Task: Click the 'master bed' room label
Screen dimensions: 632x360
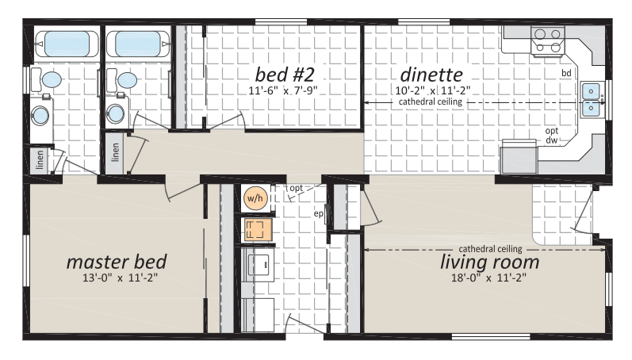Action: pos(117,262)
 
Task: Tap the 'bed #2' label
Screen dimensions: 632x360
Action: pos(285,75)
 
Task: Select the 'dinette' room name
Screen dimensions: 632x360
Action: pos(431,75)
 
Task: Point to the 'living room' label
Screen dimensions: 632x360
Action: pos(490,262)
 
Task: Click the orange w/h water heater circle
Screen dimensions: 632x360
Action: pos(255,198)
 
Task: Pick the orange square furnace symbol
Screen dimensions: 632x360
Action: pos(255,229)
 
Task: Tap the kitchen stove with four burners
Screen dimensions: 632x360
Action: pos(548,40)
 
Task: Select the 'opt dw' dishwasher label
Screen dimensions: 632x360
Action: pos(552,136)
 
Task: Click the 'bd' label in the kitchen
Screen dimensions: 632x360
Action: pos(566,73)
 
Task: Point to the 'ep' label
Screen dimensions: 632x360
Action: pos(319,213)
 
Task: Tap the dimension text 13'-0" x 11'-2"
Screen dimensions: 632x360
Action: pos(120,278)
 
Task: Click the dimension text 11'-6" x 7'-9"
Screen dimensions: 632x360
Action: pos(283,90)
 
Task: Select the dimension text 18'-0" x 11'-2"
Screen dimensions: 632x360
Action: pos(489,278)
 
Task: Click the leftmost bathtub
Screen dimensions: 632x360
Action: pos(67,44)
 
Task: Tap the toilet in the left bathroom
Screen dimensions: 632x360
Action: pos(47,79)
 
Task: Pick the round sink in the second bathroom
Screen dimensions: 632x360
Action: pos(115,113)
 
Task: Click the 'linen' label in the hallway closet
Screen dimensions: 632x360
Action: pos(115,152)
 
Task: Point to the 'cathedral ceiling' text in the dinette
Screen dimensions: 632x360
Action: pos(431,101)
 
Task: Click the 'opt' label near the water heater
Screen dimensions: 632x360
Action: pos(297,188)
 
